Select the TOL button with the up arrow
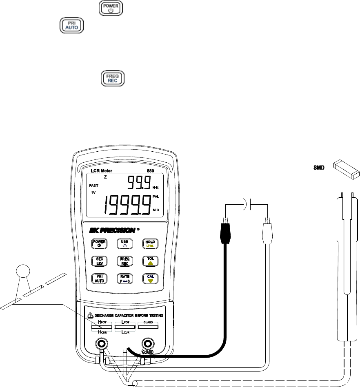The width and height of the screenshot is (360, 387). tap(150, 261)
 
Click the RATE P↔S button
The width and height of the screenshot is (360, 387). tap(125, 279)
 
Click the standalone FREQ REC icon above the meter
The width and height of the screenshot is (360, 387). tap(112, 77)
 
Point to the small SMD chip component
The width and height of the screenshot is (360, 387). tap(346, 168)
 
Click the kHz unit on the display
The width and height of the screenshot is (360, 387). tap(156, 188)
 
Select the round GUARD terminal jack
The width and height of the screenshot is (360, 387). tap(149, 343)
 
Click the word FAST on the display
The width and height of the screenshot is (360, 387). tap(94, 186)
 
